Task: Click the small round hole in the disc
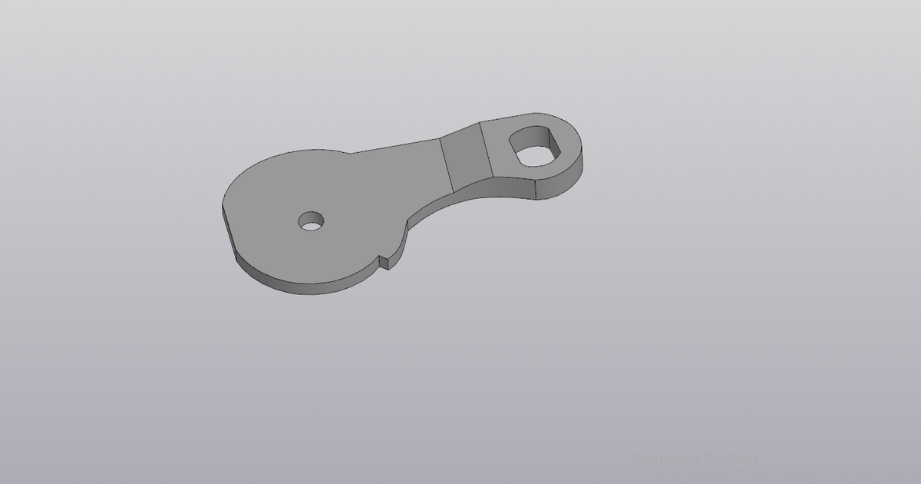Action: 311,221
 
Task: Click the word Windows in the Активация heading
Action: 731,459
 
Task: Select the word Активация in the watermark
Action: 666,459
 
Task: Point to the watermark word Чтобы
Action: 647,472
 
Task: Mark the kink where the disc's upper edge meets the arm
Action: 349,152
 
